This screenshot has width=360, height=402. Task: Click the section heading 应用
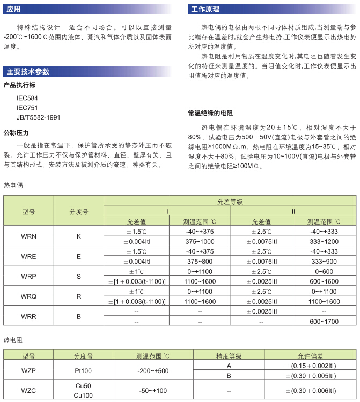coord(13,9)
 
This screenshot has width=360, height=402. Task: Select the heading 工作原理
coord(205,9)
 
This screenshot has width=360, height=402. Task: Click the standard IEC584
coord(28,99)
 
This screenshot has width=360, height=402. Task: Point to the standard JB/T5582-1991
coord(39,117)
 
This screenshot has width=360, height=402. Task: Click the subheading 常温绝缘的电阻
coord(210,113)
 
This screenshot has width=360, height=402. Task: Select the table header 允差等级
coord(230,202)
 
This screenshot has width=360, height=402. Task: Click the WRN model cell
coord(28,236)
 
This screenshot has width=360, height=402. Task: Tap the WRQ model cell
coord(28,296)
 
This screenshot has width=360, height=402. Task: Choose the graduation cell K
coord(79,236)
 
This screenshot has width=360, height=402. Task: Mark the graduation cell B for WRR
coord(79,316)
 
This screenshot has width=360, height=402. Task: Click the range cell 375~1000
coord(200,241)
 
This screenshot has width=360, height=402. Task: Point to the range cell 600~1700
coord(324,322)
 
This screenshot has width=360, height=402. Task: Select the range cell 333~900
coord(324,261)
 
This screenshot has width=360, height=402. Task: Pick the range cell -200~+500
coord(152,370)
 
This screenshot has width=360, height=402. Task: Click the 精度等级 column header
coord(229,356)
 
